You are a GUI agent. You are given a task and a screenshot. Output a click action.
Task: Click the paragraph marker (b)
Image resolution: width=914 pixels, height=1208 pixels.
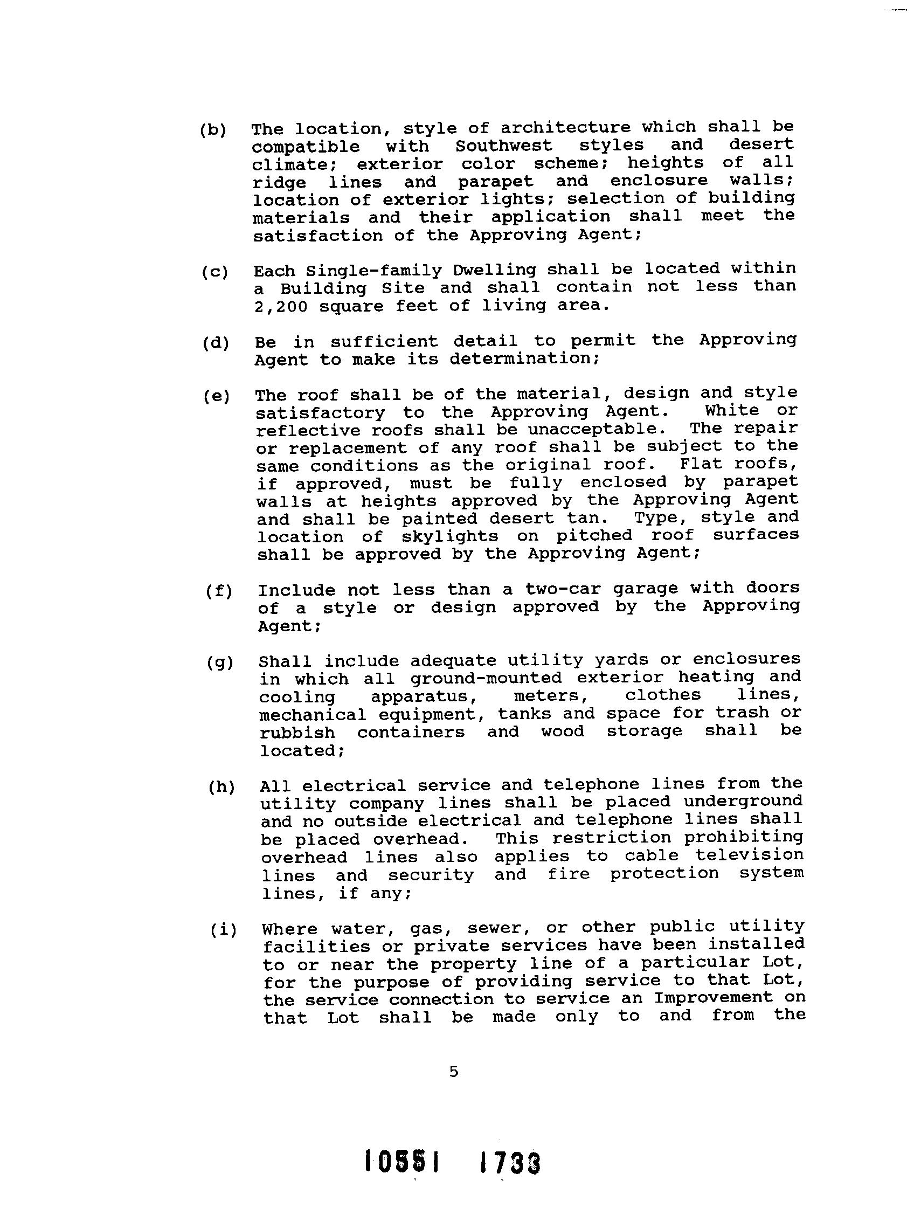click(x=212, y=130)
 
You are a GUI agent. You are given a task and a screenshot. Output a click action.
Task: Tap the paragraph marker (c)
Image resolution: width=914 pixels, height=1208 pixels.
click(x=214, y=272)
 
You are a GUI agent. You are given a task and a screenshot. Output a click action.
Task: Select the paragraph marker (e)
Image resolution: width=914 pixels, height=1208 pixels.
click(x=216, y=397)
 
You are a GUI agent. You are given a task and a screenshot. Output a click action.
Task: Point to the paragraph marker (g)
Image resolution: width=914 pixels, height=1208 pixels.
click(x=220, y=663)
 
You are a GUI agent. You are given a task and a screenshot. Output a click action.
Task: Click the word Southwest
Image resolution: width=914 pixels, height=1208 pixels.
click(x=503, y=146)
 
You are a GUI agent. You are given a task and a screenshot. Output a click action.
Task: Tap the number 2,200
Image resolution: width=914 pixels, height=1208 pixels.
click(x=281, y=306)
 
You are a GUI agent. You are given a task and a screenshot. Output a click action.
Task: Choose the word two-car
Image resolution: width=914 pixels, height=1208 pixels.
click(x=563, y=589)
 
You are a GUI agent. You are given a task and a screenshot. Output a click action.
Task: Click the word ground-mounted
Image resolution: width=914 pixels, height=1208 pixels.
click(x=486, y=678)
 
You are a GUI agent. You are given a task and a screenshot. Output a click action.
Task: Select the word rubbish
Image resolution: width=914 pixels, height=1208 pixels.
click(x=297, y=733)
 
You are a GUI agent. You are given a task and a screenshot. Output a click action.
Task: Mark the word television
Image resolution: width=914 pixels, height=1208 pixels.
click(x=749, y=855)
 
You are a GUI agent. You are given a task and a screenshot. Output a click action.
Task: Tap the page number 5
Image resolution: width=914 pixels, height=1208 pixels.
click(x=454, y=1072)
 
